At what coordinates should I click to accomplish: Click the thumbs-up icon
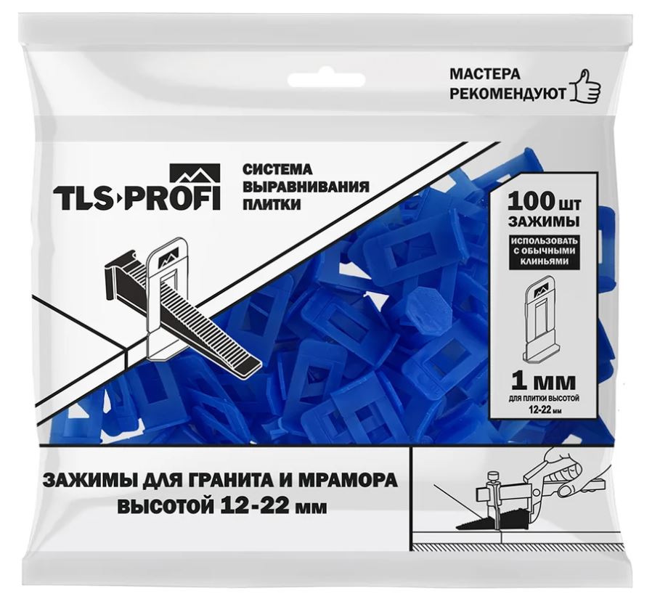click(x=586, y=86)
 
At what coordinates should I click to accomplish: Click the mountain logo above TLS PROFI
click(x=195, y=174)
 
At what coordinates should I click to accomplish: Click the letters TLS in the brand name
click(x=85, y=198)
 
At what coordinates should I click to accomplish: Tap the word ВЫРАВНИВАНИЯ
click(x=306, y=187)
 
